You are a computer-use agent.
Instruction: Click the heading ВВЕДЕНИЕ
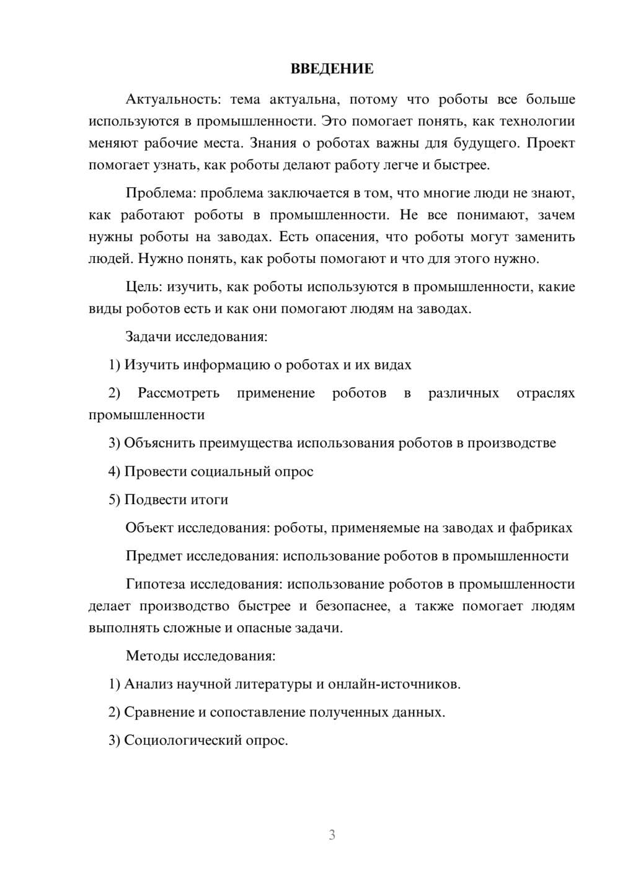(x=332, y=69)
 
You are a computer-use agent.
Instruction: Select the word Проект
(x=551, y=143)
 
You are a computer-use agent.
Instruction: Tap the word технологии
(x=538, y=121)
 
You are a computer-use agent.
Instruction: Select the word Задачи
(x=148, y=337)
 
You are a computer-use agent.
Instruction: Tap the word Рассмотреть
(x=179, y=393)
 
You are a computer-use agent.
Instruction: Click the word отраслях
(x=546, y=393)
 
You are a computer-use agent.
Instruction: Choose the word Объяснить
(x=158, y=443)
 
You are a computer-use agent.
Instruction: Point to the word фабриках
(x=541, y=528)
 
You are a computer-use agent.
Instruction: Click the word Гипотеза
(x=155, y=584)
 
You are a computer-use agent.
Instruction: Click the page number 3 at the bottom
(x=332, y=835)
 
